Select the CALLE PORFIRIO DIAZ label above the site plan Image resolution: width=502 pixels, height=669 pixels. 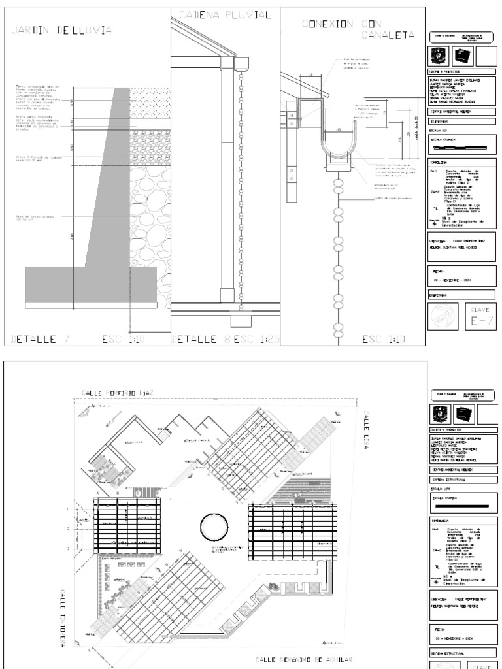[x=117, y=392]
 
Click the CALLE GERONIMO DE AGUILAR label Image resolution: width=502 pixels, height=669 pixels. [x=304, y=660]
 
